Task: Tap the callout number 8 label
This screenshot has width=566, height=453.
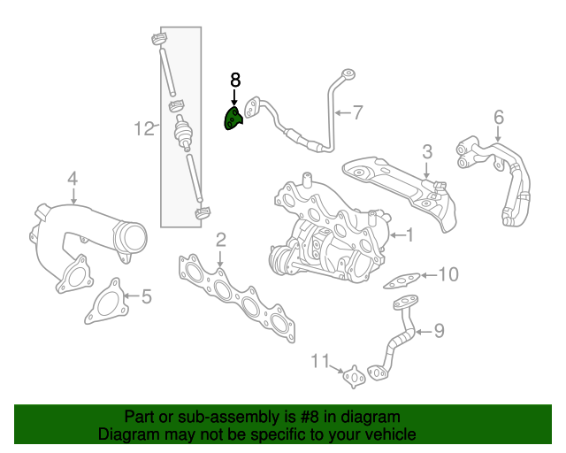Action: coord(235,80)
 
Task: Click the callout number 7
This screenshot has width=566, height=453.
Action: coord(357,112)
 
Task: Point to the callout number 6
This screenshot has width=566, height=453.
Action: coord(498,116)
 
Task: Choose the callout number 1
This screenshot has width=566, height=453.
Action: coord(409,234)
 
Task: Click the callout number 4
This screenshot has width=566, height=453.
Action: coord(73,178)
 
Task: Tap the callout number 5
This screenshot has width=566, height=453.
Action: coord(146,296)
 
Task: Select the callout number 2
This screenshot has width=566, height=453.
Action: coord(220,239)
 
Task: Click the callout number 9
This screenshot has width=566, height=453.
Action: coord(438,332)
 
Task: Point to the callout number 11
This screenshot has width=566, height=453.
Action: coord(321,360)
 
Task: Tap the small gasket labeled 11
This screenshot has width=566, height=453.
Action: coord(356,377)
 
